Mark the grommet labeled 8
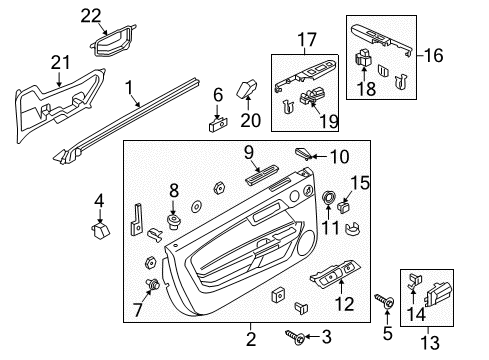tap(173, 220)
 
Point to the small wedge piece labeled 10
tap(303, 153)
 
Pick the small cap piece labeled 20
tap(246, 90)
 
